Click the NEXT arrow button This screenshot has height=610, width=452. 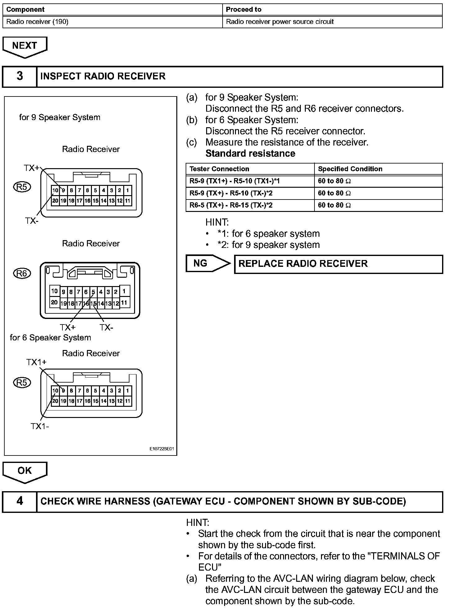click(25, 47)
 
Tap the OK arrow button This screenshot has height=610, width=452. click(25, 471)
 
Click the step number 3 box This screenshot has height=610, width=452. click(20, 76)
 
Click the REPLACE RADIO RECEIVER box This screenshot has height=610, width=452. click(338, 264)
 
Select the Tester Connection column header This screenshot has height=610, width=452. click(219, 169)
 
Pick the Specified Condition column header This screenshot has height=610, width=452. click(350, 169)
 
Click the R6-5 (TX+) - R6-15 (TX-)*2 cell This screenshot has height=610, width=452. click(231, 205)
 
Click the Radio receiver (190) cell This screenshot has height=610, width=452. click(37, 22)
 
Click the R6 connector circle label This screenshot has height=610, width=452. click(22, 273)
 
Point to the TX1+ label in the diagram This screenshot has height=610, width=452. click(36, 362)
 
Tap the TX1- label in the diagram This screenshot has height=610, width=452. click(39, 426)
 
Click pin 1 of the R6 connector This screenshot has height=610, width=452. click(124, 291)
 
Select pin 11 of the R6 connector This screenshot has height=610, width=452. click(124, 302)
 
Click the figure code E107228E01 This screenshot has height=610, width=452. click(162, 449)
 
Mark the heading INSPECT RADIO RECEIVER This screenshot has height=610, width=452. click(103, 76)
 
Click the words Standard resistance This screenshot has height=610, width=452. click(250, 154)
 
